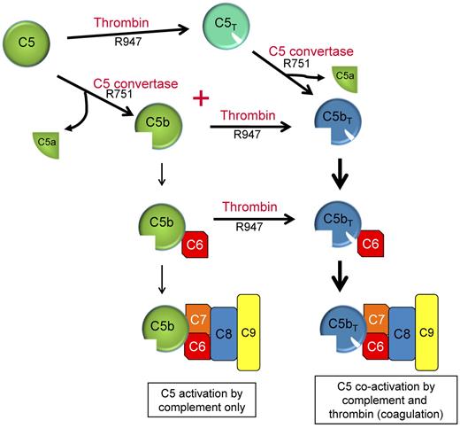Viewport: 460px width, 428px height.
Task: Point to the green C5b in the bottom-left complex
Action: click(x=159, y=324)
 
